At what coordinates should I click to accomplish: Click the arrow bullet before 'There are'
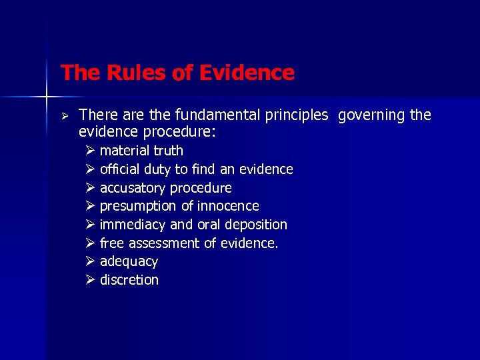(x=65, y=115)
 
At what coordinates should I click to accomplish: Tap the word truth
(x=168, y=151)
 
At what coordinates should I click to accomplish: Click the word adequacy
(x=129, y=262)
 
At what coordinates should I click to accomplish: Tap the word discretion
(x=129, y=280)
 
